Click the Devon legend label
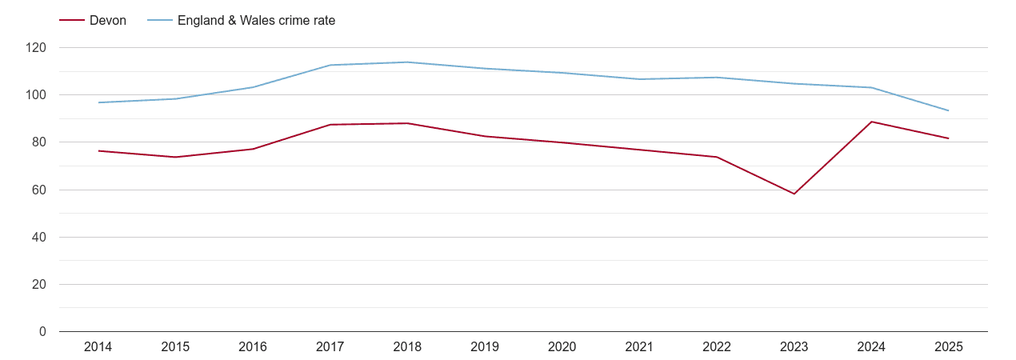pos(108,21)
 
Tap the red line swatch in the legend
pos(71,21)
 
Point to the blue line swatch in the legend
pos(159,21)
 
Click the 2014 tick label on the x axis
pos(98,347)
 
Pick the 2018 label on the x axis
pos(407,347)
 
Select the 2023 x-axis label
pos(794,347)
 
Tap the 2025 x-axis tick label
pos(949,347)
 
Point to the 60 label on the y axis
pos(39,190)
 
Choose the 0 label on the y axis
pos(42,332)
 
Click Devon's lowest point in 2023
pos(794,194)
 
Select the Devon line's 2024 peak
pos(871,122)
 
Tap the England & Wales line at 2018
pos(407,62)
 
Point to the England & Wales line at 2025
pos(949,110)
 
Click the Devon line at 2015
pos(175,157)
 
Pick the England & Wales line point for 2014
pos(98,102)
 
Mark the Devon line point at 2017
pos(330,125)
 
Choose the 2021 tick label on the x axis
pos(639,347)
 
